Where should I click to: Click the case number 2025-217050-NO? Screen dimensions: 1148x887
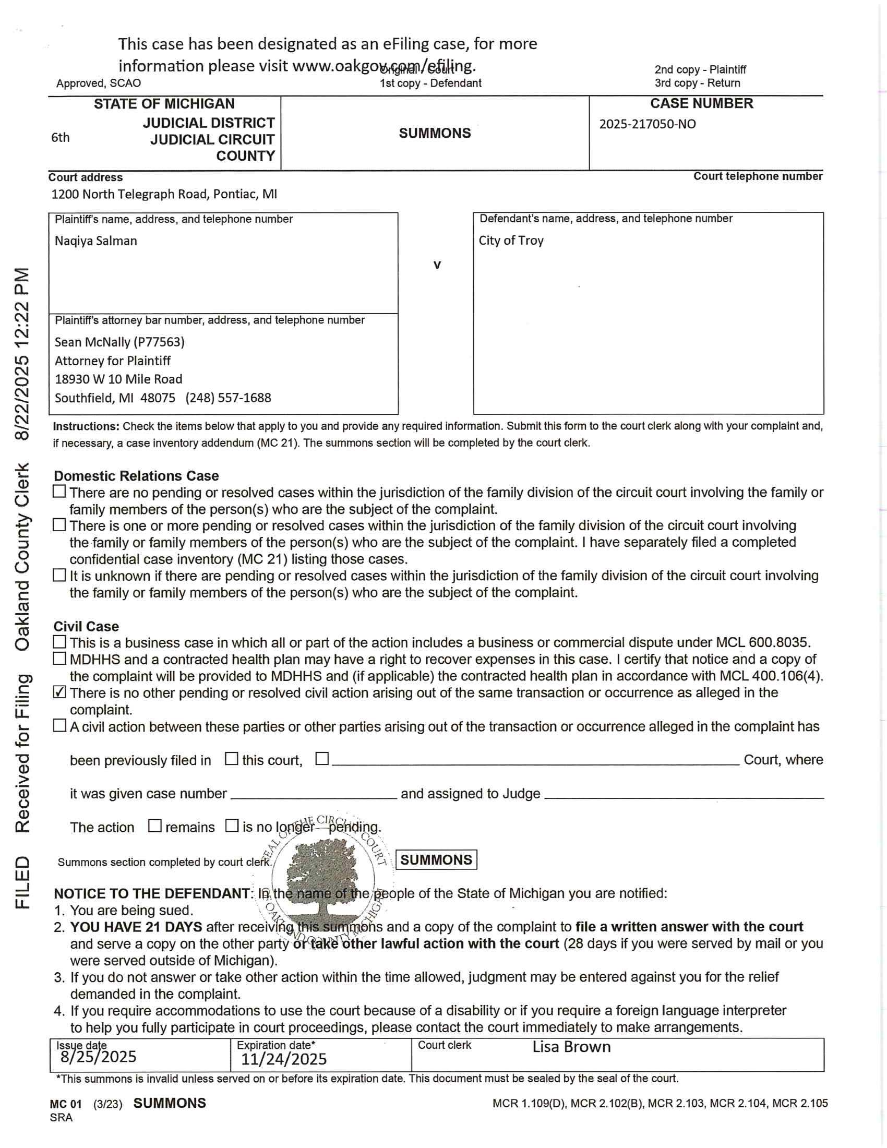coord(648,125)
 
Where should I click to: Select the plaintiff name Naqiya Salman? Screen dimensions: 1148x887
coord(95,241)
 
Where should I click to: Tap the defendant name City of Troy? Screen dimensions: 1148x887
coord(511,241)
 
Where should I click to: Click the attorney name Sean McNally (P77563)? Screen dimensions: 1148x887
coord(120,342)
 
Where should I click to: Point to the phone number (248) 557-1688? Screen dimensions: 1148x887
coord(228,398)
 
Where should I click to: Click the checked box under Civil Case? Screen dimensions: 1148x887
coord(60,692)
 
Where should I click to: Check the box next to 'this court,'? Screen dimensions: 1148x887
coord(231,759)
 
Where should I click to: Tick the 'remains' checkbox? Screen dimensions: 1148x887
coord(154,826)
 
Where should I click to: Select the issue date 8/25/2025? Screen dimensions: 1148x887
coord(98,1057)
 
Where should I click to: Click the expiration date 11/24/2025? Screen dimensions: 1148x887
coord(284,1059)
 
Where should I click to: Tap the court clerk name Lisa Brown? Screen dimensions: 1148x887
coord(571,1047)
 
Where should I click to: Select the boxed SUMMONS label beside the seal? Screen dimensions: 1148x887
coord(436,860)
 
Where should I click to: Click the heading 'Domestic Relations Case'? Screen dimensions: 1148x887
coord(136,476)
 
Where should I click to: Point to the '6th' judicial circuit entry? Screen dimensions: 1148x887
coord(61,138)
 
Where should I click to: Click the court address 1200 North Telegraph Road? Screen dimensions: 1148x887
coord(164,195)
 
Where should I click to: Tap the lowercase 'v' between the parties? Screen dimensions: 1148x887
coord(437,265)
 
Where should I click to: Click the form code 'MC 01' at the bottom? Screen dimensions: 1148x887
coord(66,1104)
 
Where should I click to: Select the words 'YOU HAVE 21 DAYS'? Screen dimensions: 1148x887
coord(136,927)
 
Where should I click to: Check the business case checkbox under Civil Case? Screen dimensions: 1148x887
coord(60,642)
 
